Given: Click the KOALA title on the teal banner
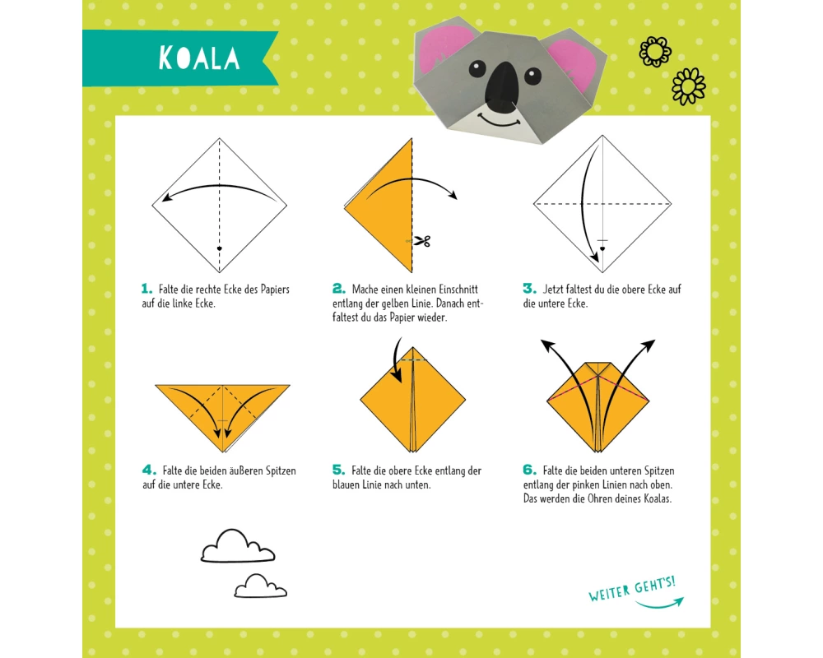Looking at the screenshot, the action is coord(199,58).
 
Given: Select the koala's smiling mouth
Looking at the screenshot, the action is coord(500,121).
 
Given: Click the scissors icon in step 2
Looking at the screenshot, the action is coord(422,241).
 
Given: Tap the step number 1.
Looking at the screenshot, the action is coord(146,289).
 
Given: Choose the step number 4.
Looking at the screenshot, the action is coord(149,470).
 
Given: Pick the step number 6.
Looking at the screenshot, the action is coord(529,470).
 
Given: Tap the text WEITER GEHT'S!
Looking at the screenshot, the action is coord(631,589).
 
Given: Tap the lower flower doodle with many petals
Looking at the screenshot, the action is coord(689,86).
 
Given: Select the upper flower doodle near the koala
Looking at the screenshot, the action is coord(655,52).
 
